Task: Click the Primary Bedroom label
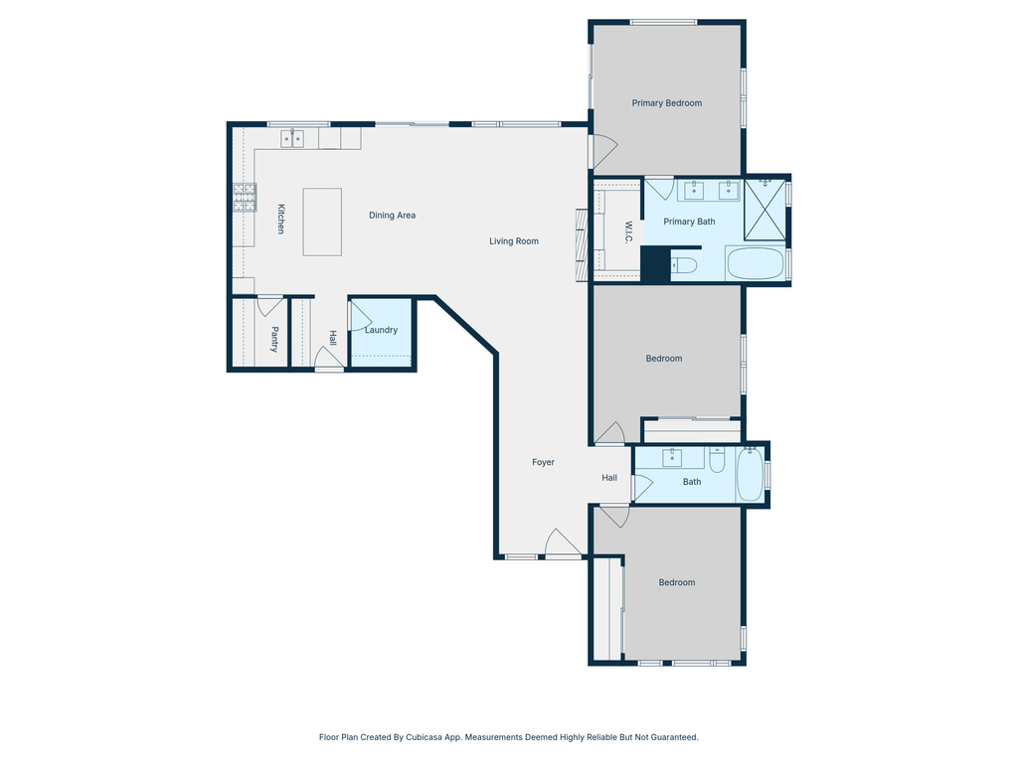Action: (x=667, y=103)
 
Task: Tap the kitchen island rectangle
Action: (x=322, y=222)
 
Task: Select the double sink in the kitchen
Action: (x=292, y=139)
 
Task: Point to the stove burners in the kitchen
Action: (x=245, y=198)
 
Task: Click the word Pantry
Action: (x=274, y=340)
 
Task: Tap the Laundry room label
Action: (x=381, y=330)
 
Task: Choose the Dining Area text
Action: (x=392, y=216)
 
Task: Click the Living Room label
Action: (x=513, y=241)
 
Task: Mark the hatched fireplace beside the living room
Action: (x=582, y=244)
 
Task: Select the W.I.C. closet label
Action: (x=628, y=231)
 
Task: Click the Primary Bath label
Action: (x=689, y=222)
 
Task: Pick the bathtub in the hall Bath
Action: (x=750, y=476)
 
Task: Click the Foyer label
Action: (x=543, y=462)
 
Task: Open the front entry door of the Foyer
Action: (x=562, y=544)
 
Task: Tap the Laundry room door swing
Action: (x=358, y=316)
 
